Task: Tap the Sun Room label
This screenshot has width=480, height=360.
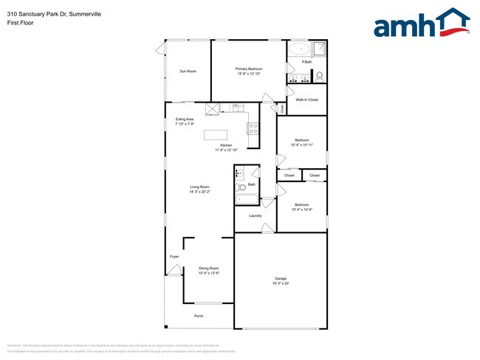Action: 188,72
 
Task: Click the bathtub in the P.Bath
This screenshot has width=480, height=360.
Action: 299,50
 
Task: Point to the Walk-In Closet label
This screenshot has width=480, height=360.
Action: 307,100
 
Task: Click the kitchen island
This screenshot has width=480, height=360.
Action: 216,135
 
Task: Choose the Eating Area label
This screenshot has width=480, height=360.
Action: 185,119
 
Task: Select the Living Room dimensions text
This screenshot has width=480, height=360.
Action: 199,192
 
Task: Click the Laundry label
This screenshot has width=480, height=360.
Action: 256,215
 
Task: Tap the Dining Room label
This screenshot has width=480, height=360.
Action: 209,269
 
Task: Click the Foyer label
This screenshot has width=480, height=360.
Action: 174,256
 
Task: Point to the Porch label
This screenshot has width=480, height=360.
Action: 199,316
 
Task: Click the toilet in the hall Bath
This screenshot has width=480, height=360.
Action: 241,187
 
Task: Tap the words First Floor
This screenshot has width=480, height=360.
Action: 21,23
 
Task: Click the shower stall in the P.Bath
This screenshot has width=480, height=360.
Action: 320,49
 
